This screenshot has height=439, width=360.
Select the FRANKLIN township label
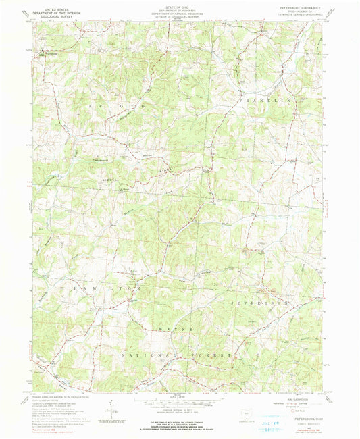[x=270, y=100]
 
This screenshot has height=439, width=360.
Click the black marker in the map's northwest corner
[x=45, y=51]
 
